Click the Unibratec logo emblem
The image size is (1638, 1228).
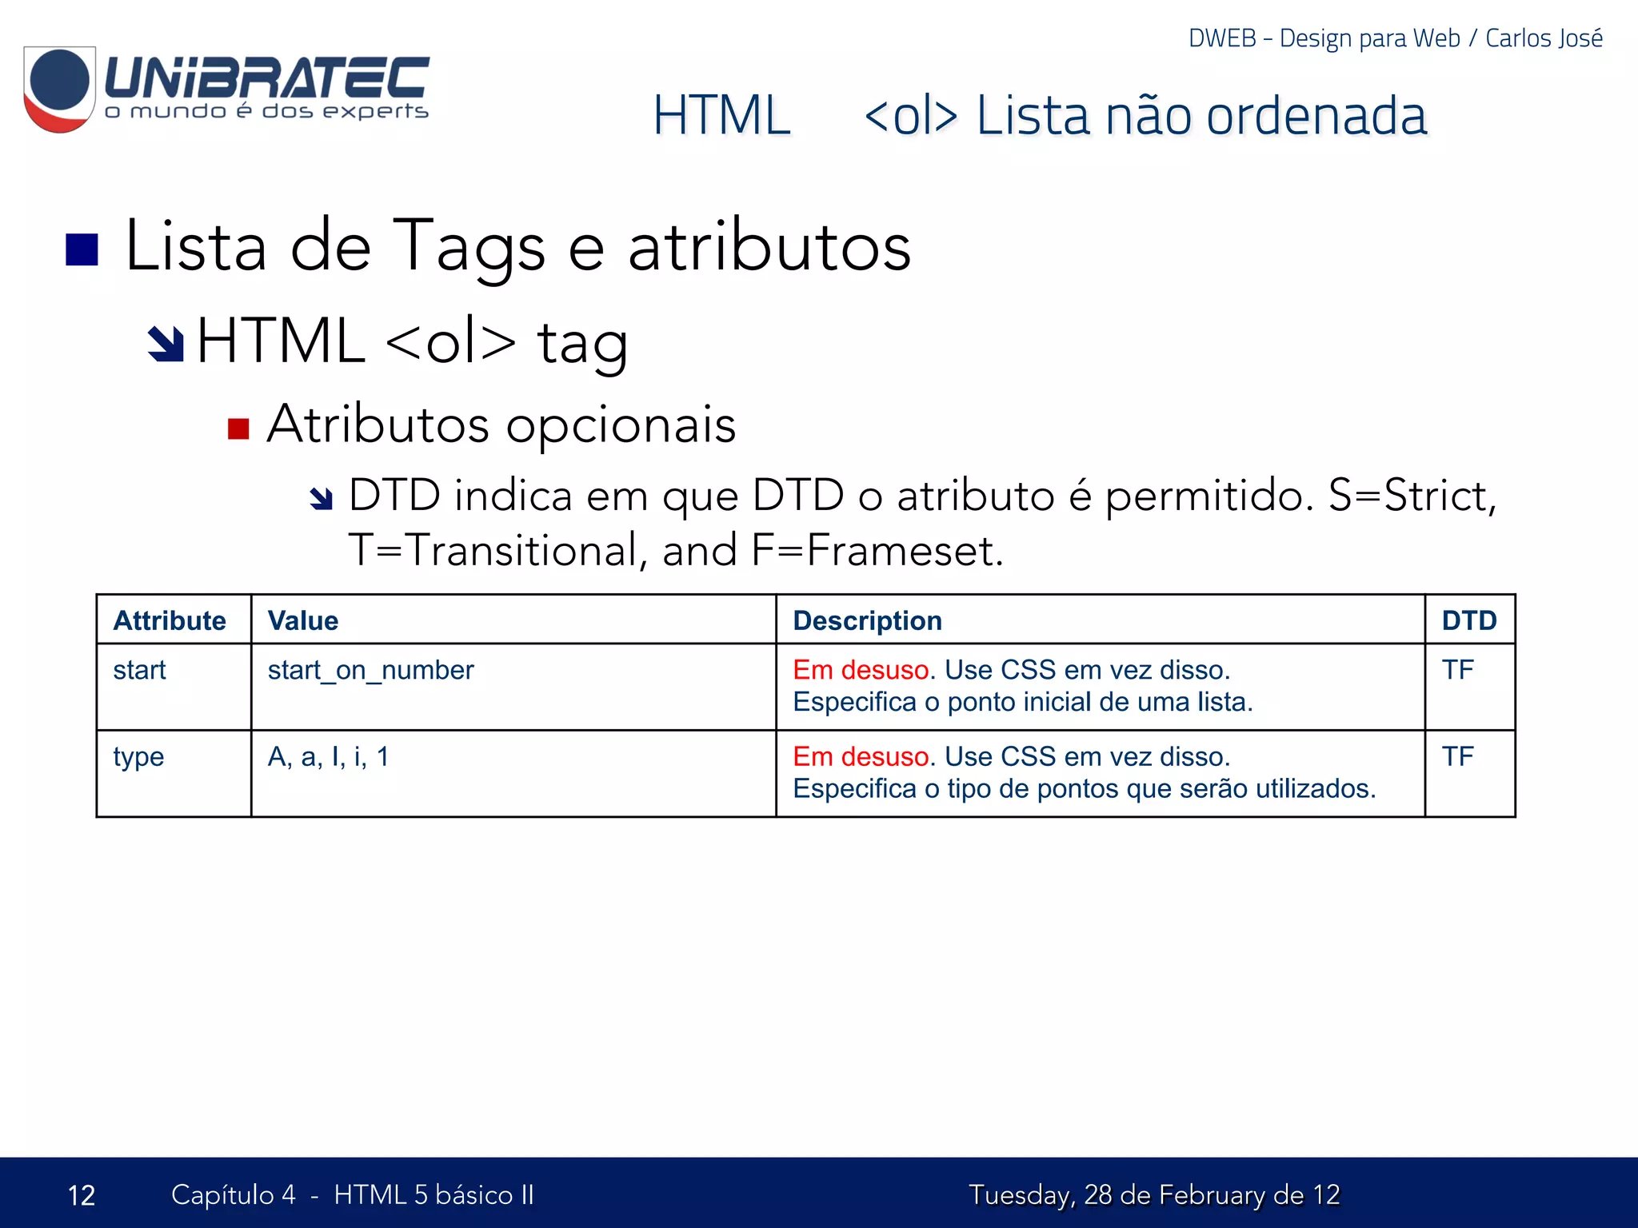tap(59, 89)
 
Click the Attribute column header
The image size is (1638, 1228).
tap(170, 620)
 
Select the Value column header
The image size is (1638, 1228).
tap(303, 620)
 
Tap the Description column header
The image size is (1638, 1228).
tap(867, 620)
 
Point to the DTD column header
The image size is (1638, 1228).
tap(1468, 620)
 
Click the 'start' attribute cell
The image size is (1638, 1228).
tap(140, 670)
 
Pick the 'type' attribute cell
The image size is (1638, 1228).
tap(138, 756)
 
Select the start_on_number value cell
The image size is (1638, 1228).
tap(370, 670)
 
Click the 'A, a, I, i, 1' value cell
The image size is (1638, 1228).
tap(328, 756)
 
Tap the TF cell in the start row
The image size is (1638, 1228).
tap(1457, 670)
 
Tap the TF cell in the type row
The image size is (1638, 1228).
tap(1457, 756)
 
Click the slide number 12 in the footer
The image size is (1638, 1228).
tap(82, 1195)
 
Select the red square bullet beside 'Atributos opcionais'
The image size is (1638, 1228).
tap(238, 429)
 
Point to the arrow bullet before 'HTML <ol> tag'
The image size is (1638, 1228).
tap(166, 344)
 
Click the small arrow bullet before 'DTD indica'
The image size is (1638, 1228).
tap(321, 499)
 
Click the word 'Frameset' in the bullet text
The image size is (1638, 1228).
tap(900, 551)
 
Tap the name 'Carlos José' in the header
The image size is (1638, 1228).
tap(1544, 38)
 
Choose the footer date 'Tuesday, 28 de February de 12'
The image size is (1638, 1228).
tap(1154, 1195)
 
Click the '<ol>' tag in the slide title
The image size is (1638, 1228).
tap(911, 116)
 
